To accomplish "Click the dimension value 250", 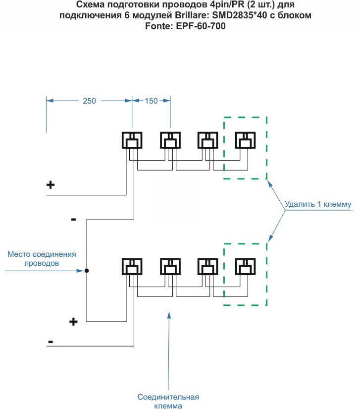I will [x=89, y=101].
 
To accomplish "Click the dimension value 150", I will [x=151, y=101].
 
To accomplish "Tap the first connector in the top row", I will [x=132, y=140].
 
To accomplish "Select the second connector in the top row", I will [x=170, y=140].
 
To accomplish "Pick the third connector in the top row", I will [x=208, y=140].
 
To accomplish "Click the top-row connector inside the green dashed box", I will [x=245, y=140].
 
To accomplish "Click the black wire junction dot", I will [x=87, y=271].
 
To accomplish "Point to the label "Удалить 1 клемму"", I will [x=318, y=204].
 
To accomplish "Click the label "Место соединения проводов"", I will [x=42, y=259].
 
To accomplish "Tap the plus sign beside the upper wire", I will [x=50, y=185].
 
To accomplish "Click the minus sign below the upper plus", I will [x=73, y=219].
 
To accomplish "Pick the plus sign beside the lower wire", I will [x=73, y=322].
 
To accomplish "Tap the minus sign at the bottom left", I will [x=51, y=342].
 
